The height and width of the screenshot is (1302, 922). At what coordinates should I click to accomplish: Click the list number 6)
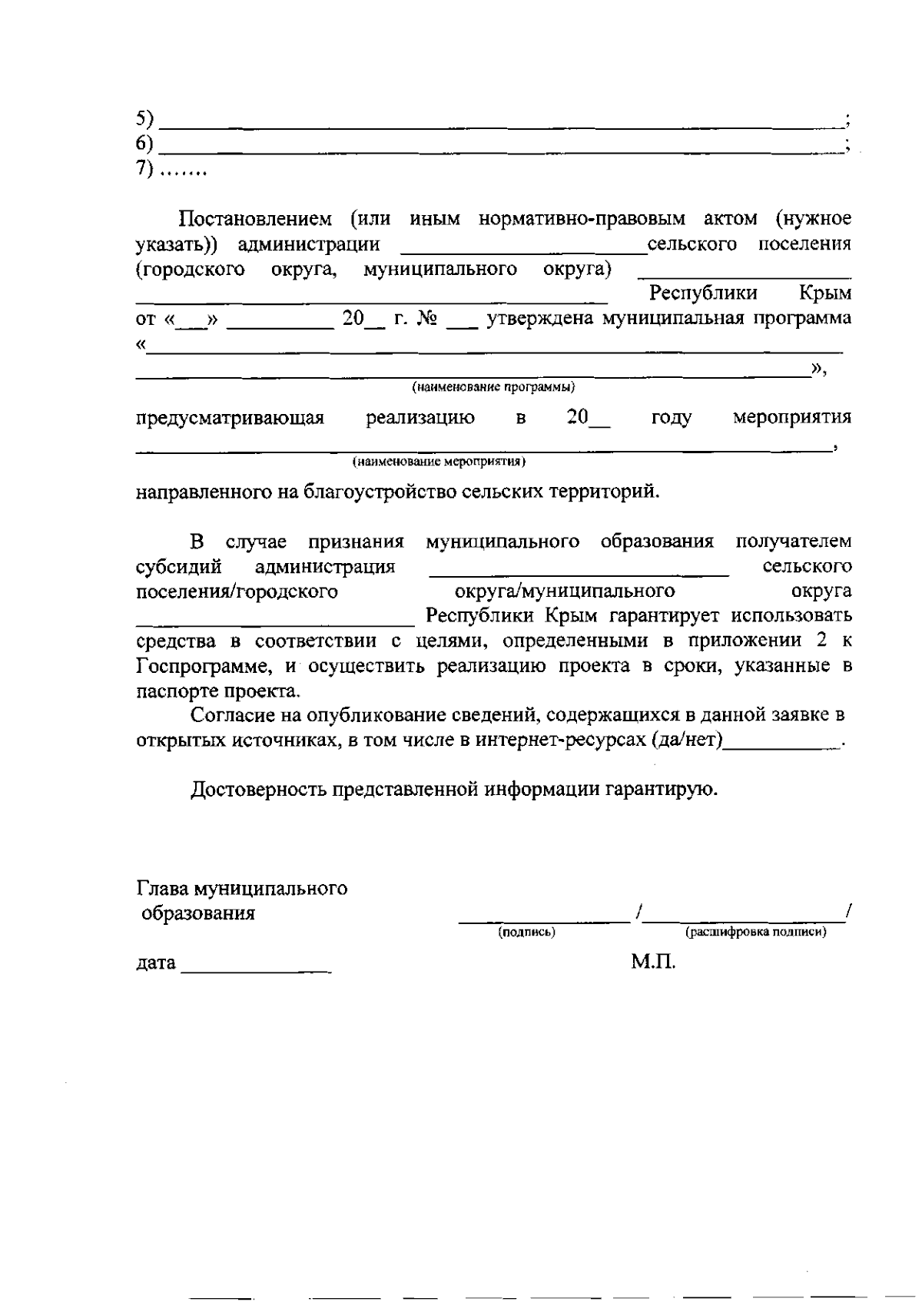point(145,144)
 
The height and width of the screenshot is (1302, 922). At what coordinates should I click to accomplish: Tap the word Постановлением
point(255,219)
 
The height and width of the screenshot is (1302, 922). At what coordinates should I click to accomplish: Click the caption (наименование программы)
point(493,386)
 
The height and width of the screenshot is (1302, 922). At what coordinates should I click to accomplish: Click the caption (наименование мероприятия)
point(439,462)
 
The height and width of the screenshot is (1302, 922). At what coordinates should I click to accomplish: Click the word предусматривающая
point(230,419)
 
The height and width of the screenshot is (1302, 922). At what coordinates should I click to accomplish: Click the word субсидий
point(178,567)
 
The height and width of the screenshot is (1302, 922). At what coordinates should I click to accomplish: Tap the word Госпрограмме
point(203,666)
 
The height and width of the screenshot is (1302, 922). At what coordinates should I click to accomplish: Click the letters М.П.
point(653,962)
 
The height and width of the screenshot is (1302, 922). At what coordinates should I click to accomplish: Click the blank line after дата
point(255,969)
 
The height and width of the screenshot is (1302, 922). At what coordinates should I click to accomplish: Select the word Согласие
point(235,715)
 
